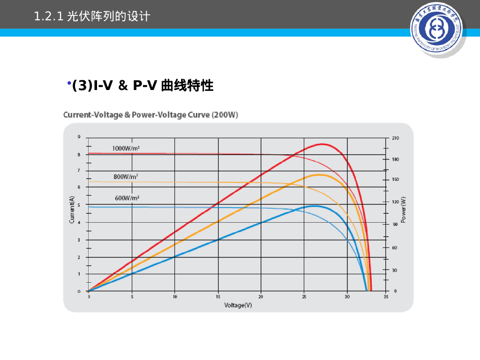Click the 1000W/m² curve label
pyautogui.click(x=126, y=148)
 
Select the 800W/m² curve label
pyautogui.click(x=126, y=177)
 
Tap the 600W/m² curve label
pyautogui.click(x=127, y=198)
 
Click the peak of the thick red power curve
pyautogui.click(x=322, y=144)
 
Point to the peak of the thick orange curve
pyautogui.click(x=319, y=175)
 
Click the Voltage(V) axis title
pyautogui.click(x=238, y=305)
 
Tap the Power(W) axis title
pyautogui.click(x=404, y=210)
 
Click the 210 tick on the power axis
pyautogui.click(x=395, y=138)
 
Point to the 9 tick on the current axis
pyautogui.click(x=79, y=137)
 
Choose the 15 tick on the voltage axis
pyautogui.click(x=218, y=296)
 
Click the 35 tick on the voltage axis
pyautogui.click(x=386, y=296)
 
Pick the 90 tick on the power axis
pyautogui.click(x=395, y=224)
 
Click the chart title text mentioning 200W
pyautogui.click(x=150, y=115)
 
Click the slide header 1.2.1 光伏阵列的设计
pyautogui.click(x=92, y=17)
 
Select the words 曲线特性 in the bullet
pyautogui.click(x=187, y=86)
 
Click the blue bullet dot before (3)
pyautogui.click(x=68, y=83)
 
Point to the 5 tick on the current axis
pyautogui.click(x=79, y=205)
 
